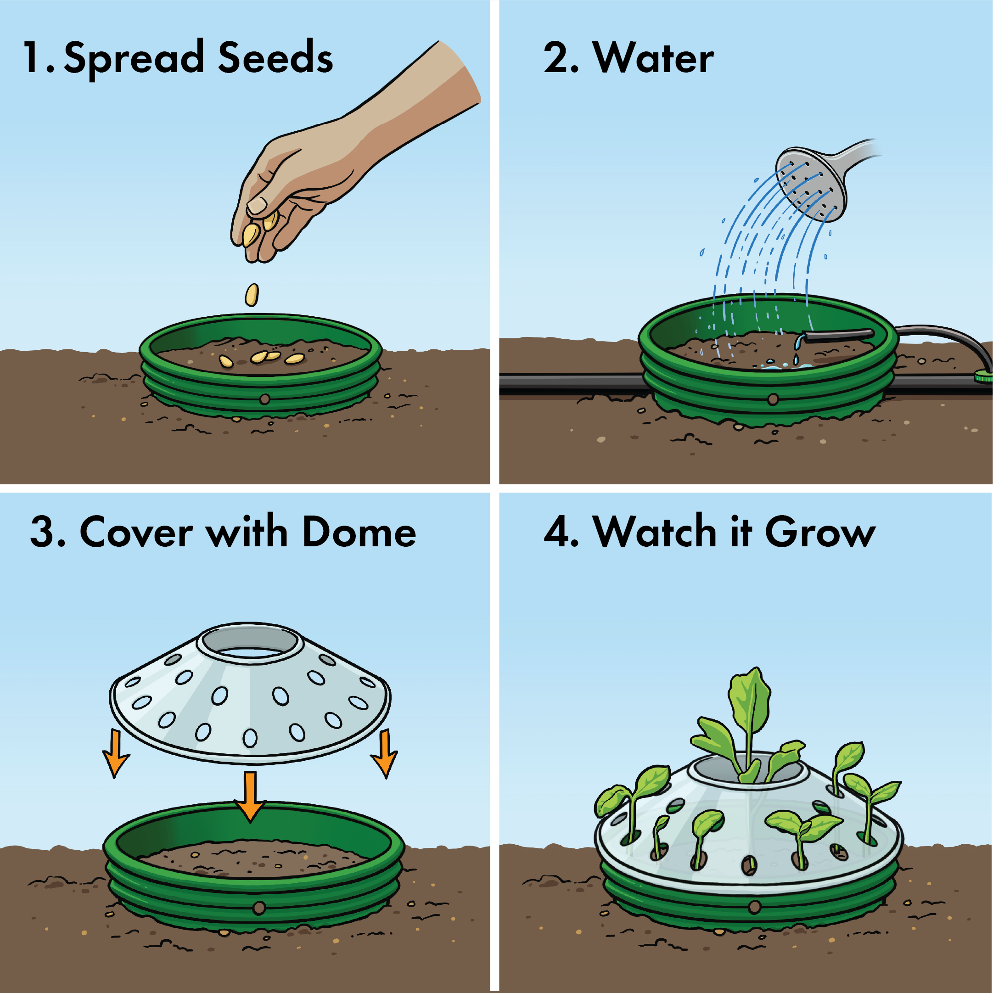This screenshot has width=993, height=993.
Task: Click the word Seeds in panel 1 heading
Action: coord(275,57)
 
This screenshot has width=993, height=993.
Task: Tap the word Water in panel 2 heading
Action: coord(653,57)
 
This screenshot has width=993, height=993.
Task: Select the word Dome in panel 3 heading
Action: coord(359,533)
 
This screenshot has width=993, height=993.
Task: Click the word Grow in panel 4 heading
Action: coord(820,533)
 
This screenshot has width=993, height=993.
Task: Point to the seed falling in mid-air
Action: coord(252,295)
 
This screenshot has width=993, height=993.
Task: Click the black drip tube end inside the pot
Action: coord(838,335)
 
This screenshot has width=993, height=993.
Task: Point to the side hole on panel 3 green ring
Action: coord(259,909)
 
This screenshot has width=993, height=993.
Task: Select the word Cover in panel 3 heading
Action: coord(136,533)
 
